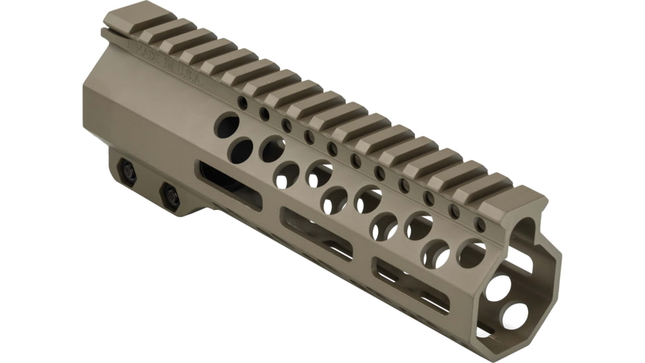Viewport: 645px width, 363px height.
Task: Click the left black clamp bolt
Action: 127,171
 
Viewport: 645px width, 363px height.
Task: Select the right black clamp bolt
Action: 171,194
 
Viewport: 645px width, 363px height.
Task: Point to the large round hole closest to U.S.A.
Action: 227,125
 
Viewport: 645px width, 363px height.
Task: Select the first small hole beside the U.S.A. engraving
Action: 243,103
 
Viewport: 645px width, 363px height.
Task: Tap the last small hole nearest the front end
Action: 480,224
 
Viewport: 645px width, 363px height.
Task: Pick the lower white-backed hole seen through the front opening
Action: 514,315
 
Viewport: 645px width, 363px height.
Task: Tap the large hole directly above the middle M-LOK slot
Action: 334,200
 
